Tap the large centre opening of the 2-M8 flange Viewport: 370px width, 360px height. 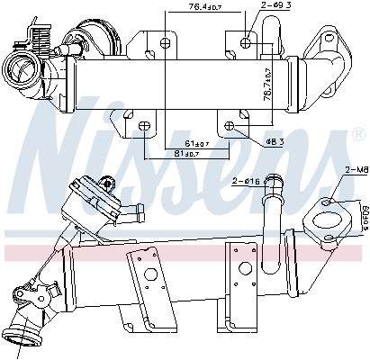[321, 219]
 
